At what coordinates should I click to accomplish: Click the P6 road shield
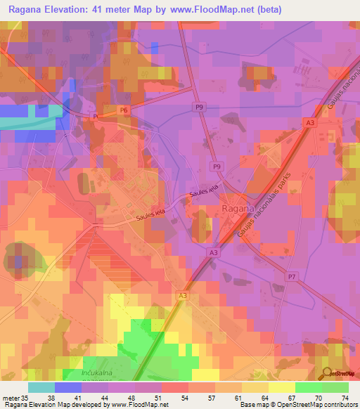click(124, 110)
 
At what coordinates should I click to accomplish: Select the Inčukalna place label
click(84, 372)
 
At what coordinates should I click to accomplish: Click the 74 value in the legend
click(343, 397)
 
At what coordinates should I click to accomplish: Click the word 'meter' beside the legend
click(11, 397)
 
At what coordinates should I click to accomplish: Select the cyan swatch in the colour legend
click(41, 387)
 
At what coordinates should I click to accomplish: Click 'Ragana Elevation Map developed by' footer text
click(53, 405)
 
